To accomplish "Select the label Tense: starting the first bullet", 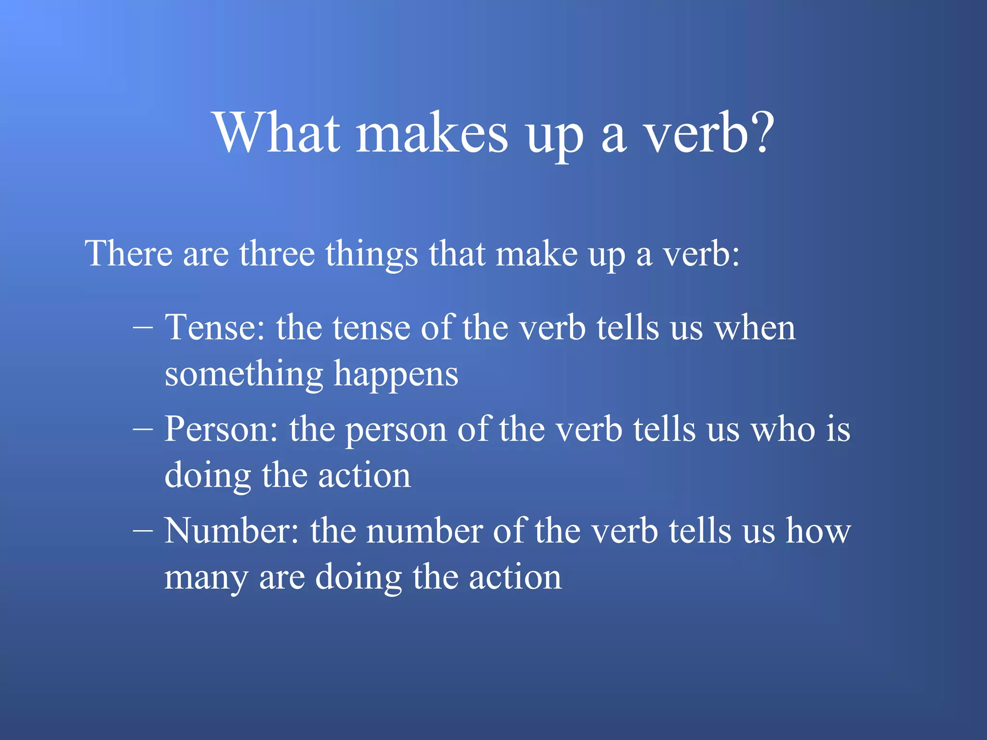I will point(215,328).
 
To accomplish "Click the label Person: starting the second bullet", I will point(221,429).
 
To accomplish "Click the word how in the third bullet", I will point(818,531).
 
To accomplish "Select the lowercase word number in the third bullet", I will point(424,531).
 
